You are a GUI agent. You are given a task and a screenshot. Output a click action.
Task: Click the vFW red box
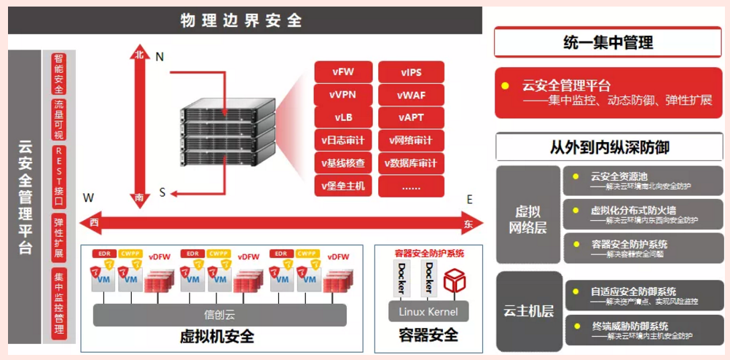343,72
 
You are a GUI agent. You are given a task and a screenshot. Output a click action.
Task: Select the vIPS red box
411,72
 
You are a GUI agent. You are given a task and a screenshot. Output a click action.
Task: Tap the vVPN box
343,95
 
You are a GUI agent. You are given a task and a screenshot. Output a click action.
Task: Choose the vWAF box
411,95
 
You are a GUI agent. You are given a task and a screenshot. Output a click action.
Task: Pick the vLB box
343,117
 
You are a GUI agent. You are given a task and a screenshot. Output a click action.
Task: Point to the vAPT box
411,117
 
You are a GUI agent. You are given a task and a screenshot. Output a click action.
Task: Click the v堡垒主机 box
343,186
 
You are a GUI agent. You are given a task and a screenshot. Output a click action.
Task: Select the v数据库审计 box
411,163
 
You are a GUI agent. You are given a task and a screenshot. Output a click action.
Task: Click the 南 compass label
139,197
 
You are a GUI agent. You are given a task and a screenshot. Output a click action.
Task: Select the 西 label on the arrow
94,222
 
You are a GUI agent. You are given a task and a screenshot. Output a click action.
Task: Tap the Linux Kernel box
428,312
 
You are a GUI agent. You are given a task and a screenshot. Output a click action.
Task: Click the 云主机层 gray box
529,311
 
